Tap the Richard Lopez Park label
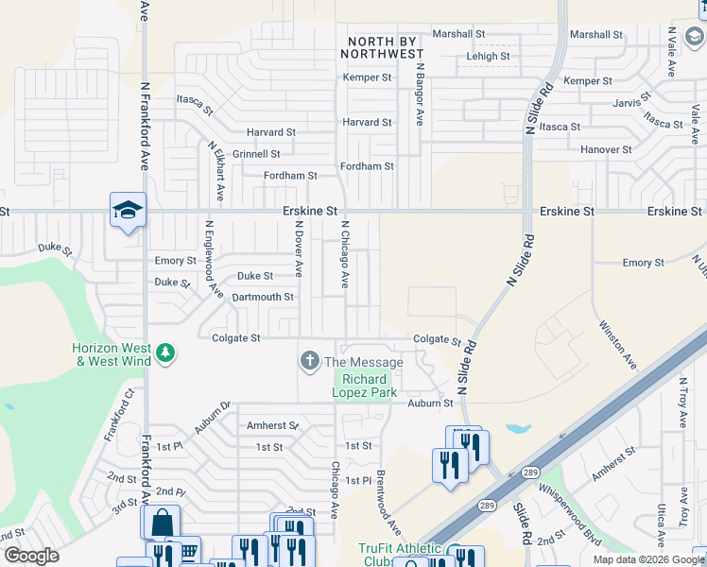click(365, 386)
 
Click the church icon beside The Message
click(309, 361)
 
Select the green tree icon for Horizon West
click(166, 352)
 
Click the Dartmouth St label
click(263, 297)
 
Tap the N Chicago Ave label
click(346, 255)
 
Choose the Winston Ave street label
click(617, 343)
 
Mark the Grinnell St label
click(256, 154)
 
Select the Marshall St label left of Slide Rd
click(458, 34)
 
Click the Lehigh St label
click(488, 57)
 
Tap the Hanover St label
click(606, 149)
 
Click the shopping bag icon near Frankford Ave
click(161, 521)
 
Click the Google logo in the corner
click(31, 556)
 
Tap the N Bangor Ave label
click(419, 96)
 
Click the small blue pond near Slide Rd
click(518, 428)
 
